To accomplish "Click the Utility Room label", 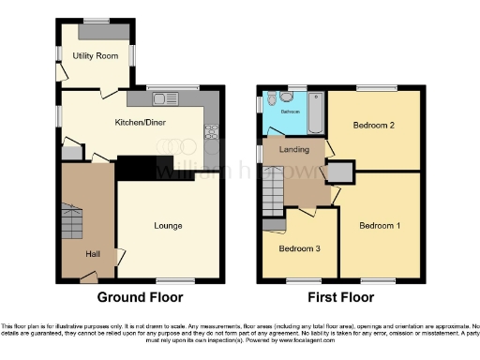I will (96, 56).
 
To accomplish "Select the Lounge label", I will (169, 226).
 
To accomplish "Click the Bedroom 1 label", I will (380, 226).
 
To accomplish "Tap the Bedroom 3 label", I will (298, 248).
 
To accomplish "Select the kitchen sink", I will (160, 97).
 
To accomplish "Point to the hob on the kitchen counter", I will (212, 128).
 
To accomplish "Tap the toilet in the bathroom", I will (271, 99).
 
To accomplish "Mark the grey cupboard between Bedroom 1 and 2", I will (340, 172).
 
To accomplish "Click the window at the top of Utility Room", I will (95, 20).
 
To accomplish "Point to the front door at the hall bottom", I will (89, 277).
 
